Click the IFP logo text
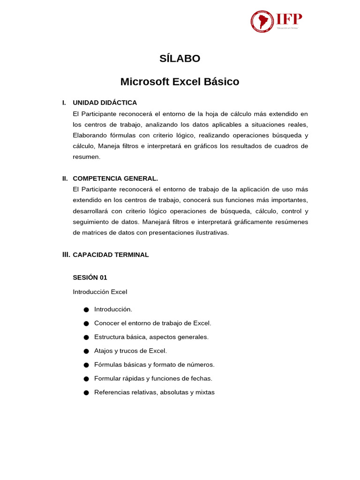click(289, 19)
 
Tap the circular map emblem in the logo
click(262, 22)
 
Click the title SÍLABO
click(180, 59)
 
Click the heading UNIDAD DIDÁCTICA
click(105, 103)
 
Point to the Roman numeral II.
click(65, 179)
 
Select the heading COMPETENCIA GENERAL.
click(115, 179)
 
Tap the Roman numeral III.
click(66, 255)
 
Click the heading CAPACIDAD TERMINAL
click(111, 255)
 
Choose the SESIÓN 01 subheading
click(90, 277)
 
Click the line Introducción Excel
click(100, 292)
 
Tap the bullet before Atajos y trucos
click(86, 351)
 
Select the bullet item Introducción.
click(113, 309)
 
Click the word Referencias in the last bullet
click(111, 392)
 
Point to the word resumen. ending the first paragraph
click(87, 157)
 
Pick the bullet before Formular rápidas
click(86, 379)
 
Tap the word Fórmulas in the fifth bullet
click(107, 365)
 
